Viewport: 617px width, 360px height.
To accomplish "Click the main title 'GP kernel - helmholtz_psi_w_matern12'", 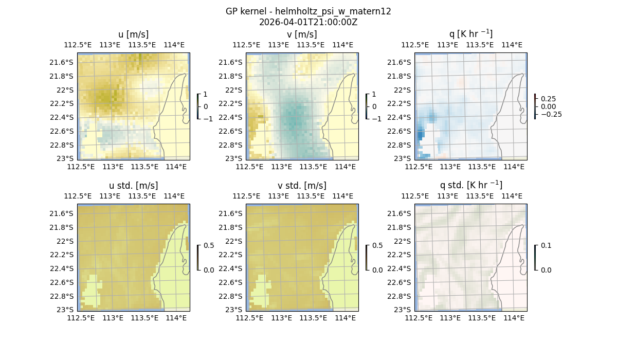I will [308, 11].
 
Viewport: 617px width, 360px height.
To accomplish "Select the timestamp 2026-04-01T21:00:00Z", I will [308, 22].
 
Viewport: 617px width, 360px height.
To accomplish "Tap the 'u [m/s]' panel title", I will [133, 34].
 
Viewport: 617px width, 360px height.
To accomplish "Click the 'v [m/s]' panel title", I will [302, 34].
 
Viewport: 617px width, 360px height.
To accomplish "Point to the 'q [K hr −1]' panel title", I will [470, 34].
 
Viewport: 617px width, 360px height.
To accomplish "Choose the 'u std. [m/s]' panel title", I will [133, 186].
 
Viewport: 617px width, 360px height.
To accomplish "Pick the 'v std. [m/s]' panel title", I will [302, 186].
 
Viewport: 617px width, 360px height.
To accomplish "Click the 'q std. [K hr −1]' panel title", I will [470, 185].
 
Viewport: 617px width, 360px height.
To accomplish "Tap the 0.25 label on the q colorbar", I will [549, 99].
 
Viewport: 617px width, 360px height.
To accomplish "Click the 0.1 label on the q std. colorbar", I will [546, 246].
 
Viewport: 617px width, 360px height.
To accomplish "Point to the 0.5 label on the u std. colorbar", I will [209, 246].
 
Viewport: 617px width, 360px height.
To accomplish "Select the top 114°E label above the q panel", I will [512, 45].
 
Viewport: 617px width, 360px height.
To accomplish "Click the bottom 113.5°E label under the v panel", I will [313, 167].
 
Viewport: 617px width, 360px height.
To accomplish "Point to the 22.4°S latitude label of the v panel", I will [231, 117].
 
